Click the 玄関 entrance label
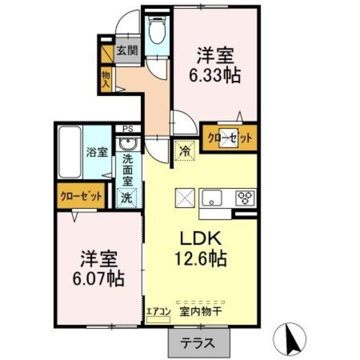[127, 50]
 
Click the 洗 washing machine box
[128, 198]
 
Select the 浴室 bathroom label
[97, 152]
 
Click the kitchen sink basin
[212, 198]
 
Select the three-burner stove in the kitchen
[245, 197]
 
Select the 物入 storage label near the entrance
[105, 79]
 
